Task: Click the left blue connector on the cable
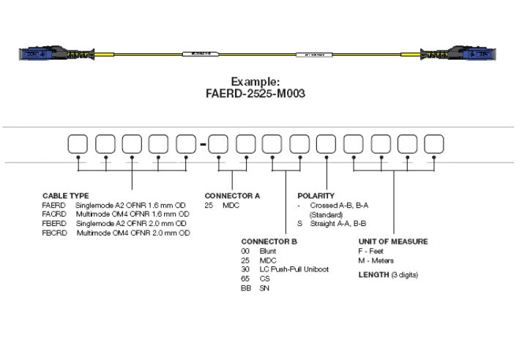[x=35, y=54]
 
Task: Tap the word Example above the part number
[x=256, y=81]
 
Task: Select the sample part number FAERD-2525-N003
[x=256, y=94]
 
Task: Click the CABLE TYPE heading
[x=65, y=196]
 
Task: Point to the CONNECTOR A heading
[x=232, y=196]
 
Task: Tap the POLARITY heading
[x=316, y=196]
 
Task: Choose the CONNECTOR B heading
[x=269, y=241]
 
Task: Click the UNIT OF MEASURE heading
[x=392, y=241]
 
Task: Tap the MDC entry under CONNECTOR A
[x=231, y=206]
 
